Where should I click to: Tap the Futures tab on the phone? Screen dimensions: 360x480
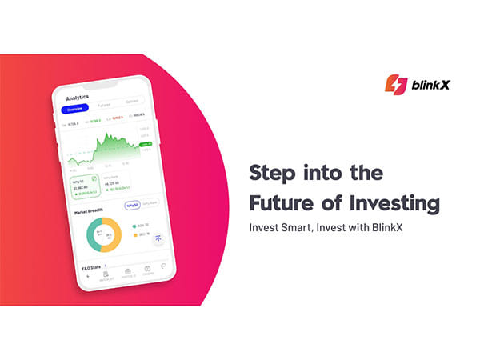(x=105, y=105)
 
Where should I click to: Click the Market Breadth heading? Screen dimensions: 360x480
(x=89, y=211)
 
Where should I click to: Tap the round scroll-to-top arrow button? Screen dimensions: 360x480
(x=159, y=238)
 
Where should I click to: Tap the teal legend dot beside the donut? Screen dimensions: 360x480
(x=134, y=226)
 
